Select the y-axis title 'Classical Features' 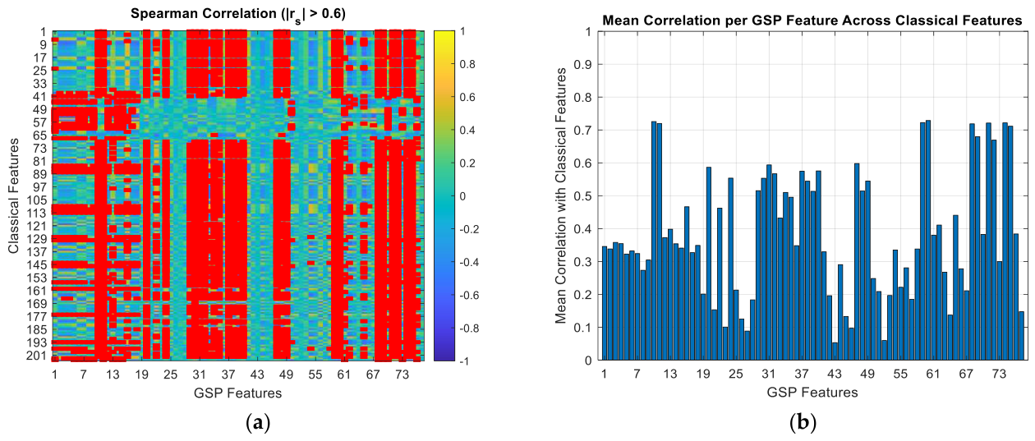pos(13,195)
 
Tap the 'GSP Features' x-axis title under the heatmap pos(237,393)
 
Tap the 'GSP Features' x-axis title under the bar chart pos(812,393)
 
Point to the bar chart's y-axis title pos(560,195)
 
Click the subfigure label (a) pos(258,423)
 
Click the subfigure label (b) pos(803,423)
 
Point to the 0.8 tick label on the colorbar pos(467,64)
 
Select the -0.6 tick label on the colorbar pos(469,295)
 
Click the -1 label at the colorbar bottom pos(464,361)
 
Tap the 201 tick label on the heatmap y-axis pos(36,356)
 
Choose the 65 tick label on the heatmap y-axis pos(39,136)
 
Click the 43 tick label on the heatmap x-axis pos(257,374)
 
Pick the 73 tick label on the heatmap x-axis pos(402,374)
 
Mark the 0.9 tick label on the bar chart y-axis pos(582,64)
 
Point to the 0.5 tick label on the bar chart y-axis pos(582,195)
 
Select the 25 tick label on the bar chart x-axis pos(736,374)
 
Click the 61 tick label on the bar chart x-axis pos(933,374)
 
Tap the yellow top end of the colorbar pos(444,33)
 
